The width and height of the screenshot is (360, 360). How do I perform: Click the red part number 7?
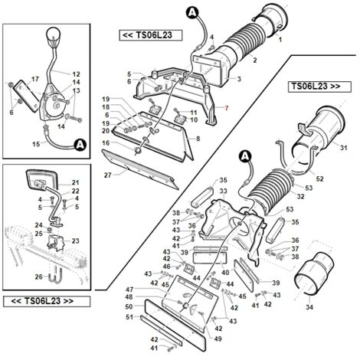click(x=227, y=108)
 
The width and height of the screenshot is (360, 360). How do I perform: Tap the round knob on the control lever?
click(x=54, y=34)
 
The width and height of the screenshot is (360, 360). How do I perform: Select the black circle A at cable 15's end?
click(x=80, y=145)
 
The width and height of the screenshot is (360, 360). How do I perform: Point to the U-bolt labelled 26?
click(x=54, y=277)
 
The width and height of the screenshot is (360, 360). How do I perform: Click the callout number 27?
click(x=108, y=175)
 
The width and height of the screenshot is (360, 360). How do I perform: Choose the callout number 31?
click(x=344, y=148)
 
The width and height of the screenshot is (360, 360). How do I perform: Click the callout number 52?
click(x=319, y=179)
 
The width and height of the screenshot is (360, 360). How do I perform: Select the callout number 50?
click(x=129, y=306)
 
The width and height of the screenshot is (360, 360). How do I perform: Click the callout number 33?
click(x=223, y=191)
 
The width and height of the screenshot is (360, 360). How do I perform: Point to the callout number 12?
click(x=76, y=74)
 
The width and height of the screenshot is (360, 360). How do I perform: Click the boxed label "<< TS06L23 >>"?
click(x=47, y=301)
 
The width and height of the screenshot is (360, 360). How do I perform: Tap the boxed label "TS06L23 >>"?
click(x=319, y=87)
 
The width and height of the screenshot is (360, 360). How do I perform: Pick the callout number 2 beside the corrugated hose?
click(x=255, y=61)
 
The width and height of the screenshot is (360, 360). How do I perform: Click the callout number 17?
click(x=34, y=79)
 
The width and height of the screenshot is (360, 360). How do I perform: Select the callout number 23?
click(x=75, y=241)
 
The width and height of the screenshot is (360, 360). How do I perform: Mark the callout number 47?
click(x=129, y=290)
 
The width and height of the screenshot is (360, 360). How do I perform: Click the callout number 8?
click(x=198, y=139)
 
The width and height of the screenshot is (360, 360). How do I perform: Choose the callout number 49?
click(x=218, y=339)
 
